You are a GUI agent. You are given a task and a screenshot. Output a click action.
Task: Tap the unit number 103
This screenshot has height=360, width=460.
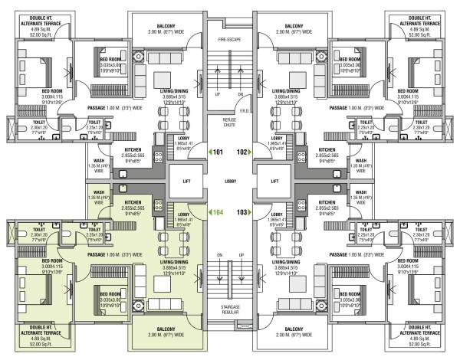[241, 211]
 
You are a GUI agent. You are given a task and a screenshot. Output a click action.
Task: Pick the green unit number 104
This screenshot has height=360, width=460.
[220, 211]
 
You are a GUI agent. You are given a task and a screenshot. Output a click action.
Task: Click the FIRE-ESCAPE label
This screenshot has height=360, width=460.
[229, 38]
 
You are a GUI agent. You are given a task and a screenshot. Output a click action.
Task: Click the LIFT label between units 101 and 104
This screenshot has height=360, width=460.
[186, 182]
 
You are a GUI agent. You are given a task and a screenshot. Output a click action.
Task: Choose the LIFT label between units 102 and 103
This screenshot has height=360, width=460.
[274, 182]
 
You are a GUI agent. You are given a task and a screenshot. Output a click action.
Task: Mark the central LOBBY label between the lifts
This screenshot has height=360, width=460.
[229, 182]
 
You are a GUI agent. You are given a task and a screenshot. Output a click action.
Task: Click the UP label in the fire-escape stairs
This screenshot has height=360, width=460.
[219, 94]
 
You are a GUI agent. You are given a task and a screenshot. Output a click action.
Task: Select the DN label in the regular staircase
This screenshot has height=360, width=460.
[219, 254]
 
